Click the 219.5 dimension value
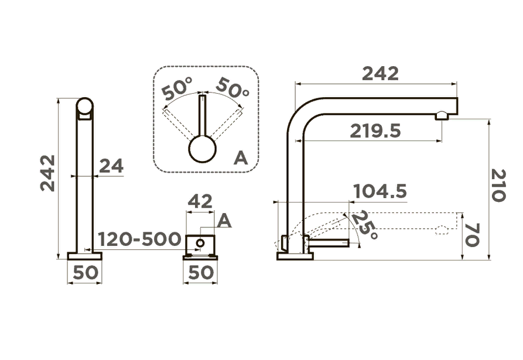point(375,131)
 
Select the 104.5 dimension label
point(380,191)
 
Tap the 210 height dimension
point(498,185)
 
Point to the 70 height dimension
point(472,235)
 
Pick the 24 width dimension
point(111,166)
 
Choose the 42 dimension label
point(200,201)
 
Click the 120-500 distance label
point(139,239)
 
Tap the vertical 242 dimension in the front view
point(47,173)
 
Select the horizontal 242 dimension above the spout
point(380,74)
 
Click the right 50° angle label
point(233,88)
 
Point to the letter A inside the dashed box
point(241,158)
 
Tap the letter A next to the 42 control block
point(224,221)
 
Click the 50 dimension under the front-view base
point(86,273)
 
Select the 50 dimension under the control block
point(201,273)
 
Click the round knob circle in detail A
point(203,149)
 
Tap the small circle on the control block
point(200,243)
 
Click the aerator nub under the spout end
point(442,115)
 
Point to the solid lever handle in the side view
point(328,244)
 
